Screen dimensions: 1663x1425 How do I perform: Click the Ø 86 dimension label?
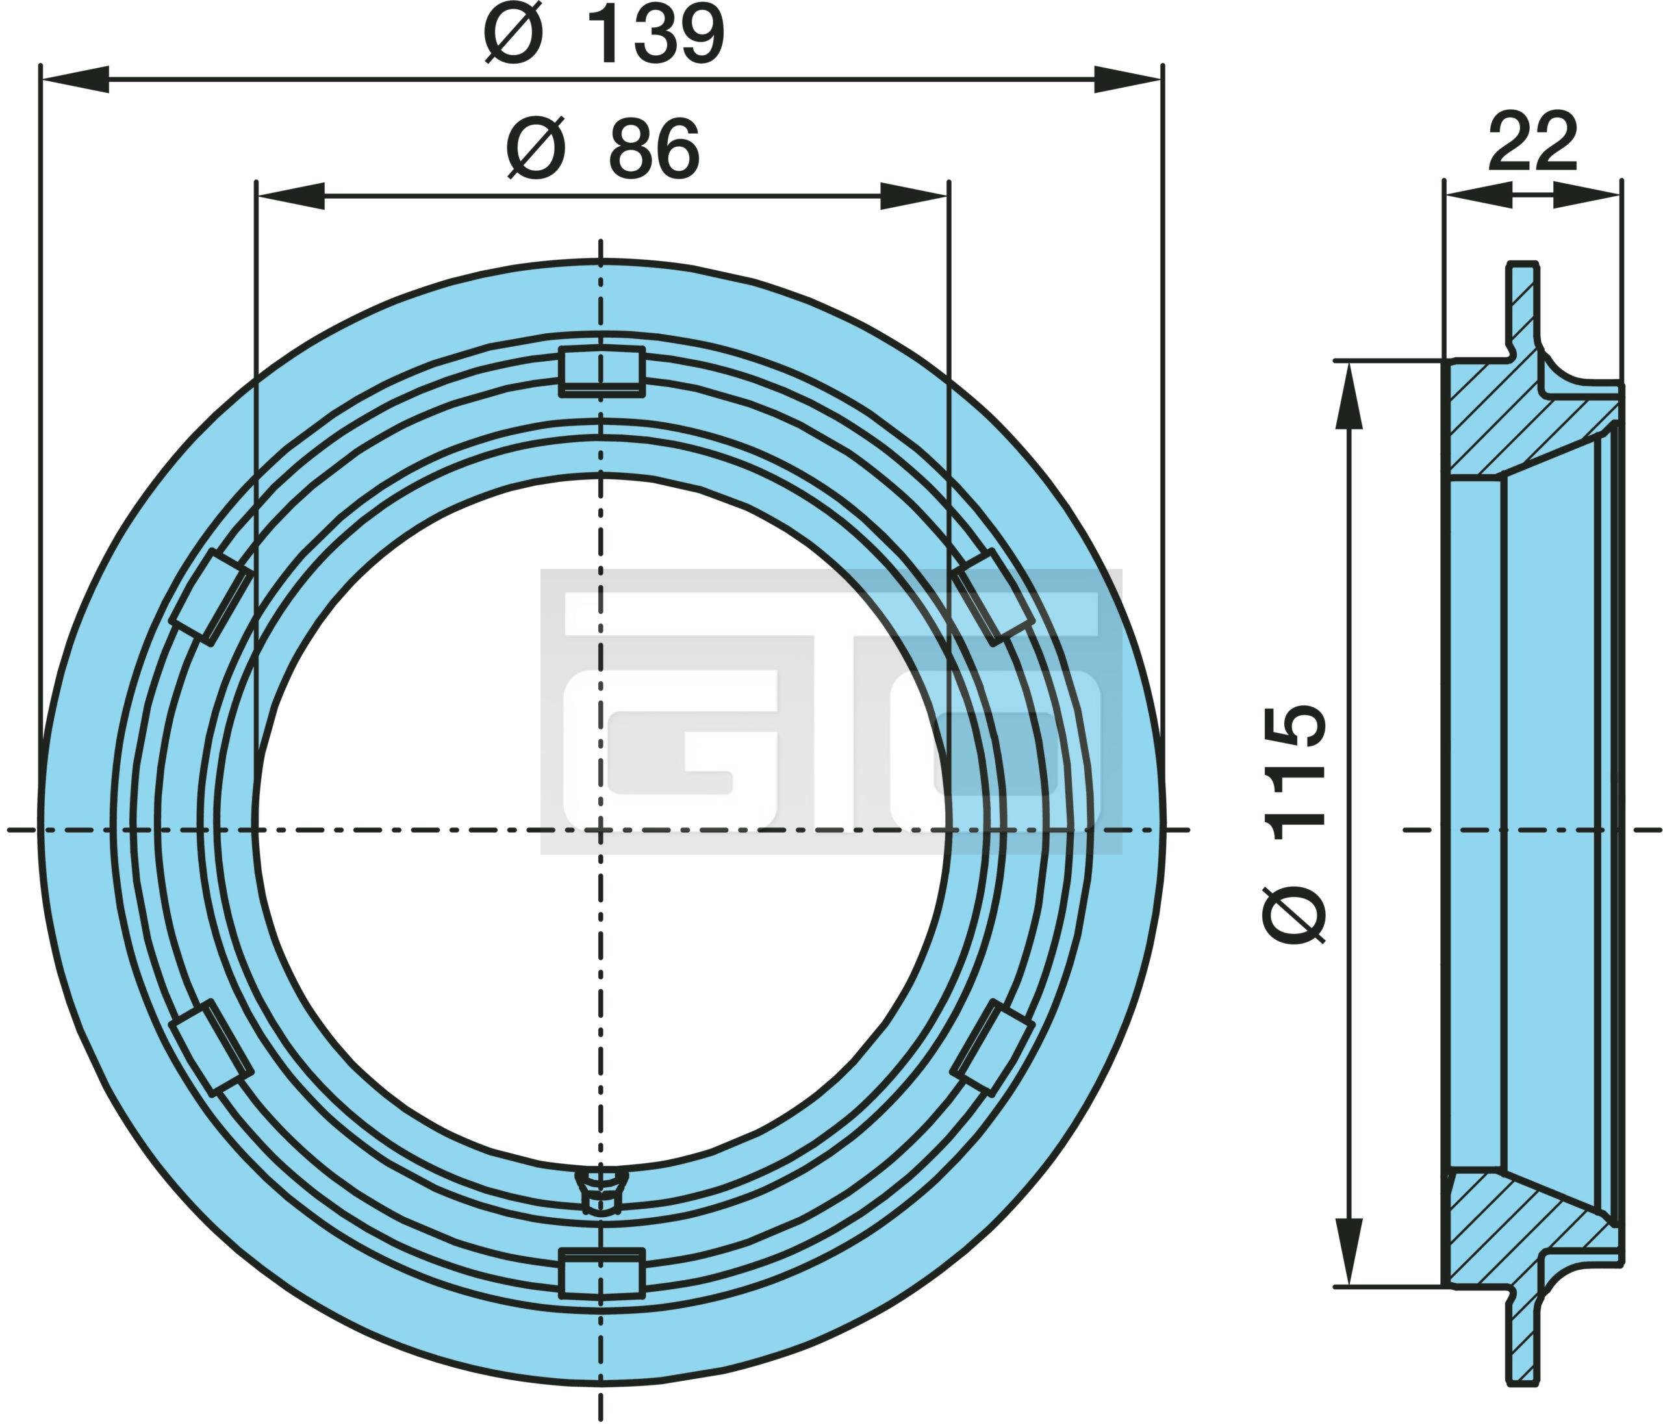click(603, 149)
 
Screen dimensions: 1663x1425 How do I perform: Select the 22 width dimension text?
click(1533, 143)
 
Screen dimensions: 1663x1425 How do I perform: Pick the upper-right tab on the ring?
click(992, 596)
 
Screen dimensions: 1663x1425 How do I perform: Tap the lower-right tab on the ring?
click(992, 1048)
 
